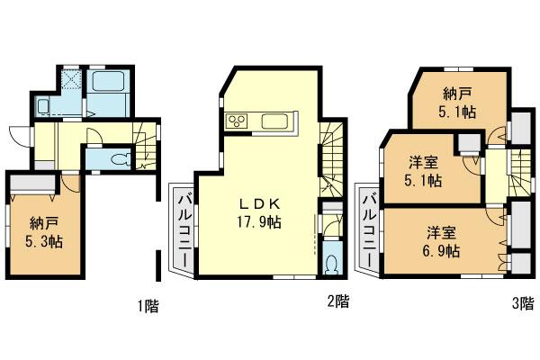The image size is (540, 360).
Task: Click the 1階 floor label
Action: (x=148, y=306)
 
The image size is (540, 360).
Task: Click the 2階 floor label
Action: (x=338, y=303)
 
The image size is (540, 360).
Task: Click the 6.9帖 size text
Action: (x=444, y=252)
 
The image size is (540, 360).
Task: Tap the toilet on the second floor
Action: (x=330, y=263)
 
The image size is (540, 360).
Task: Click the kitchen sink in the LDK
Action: (x=274, y=121)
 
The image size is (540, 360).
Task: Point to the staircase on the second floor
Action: (x=331, y=157)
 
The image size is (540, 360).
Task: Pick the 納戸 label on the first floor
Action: (x=42, y=222)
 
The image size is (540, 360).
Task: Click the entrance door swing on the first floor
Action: (x=20, y=134)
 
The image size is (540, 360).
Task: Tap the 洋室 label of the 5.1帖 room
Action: (x=424, y=163)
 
